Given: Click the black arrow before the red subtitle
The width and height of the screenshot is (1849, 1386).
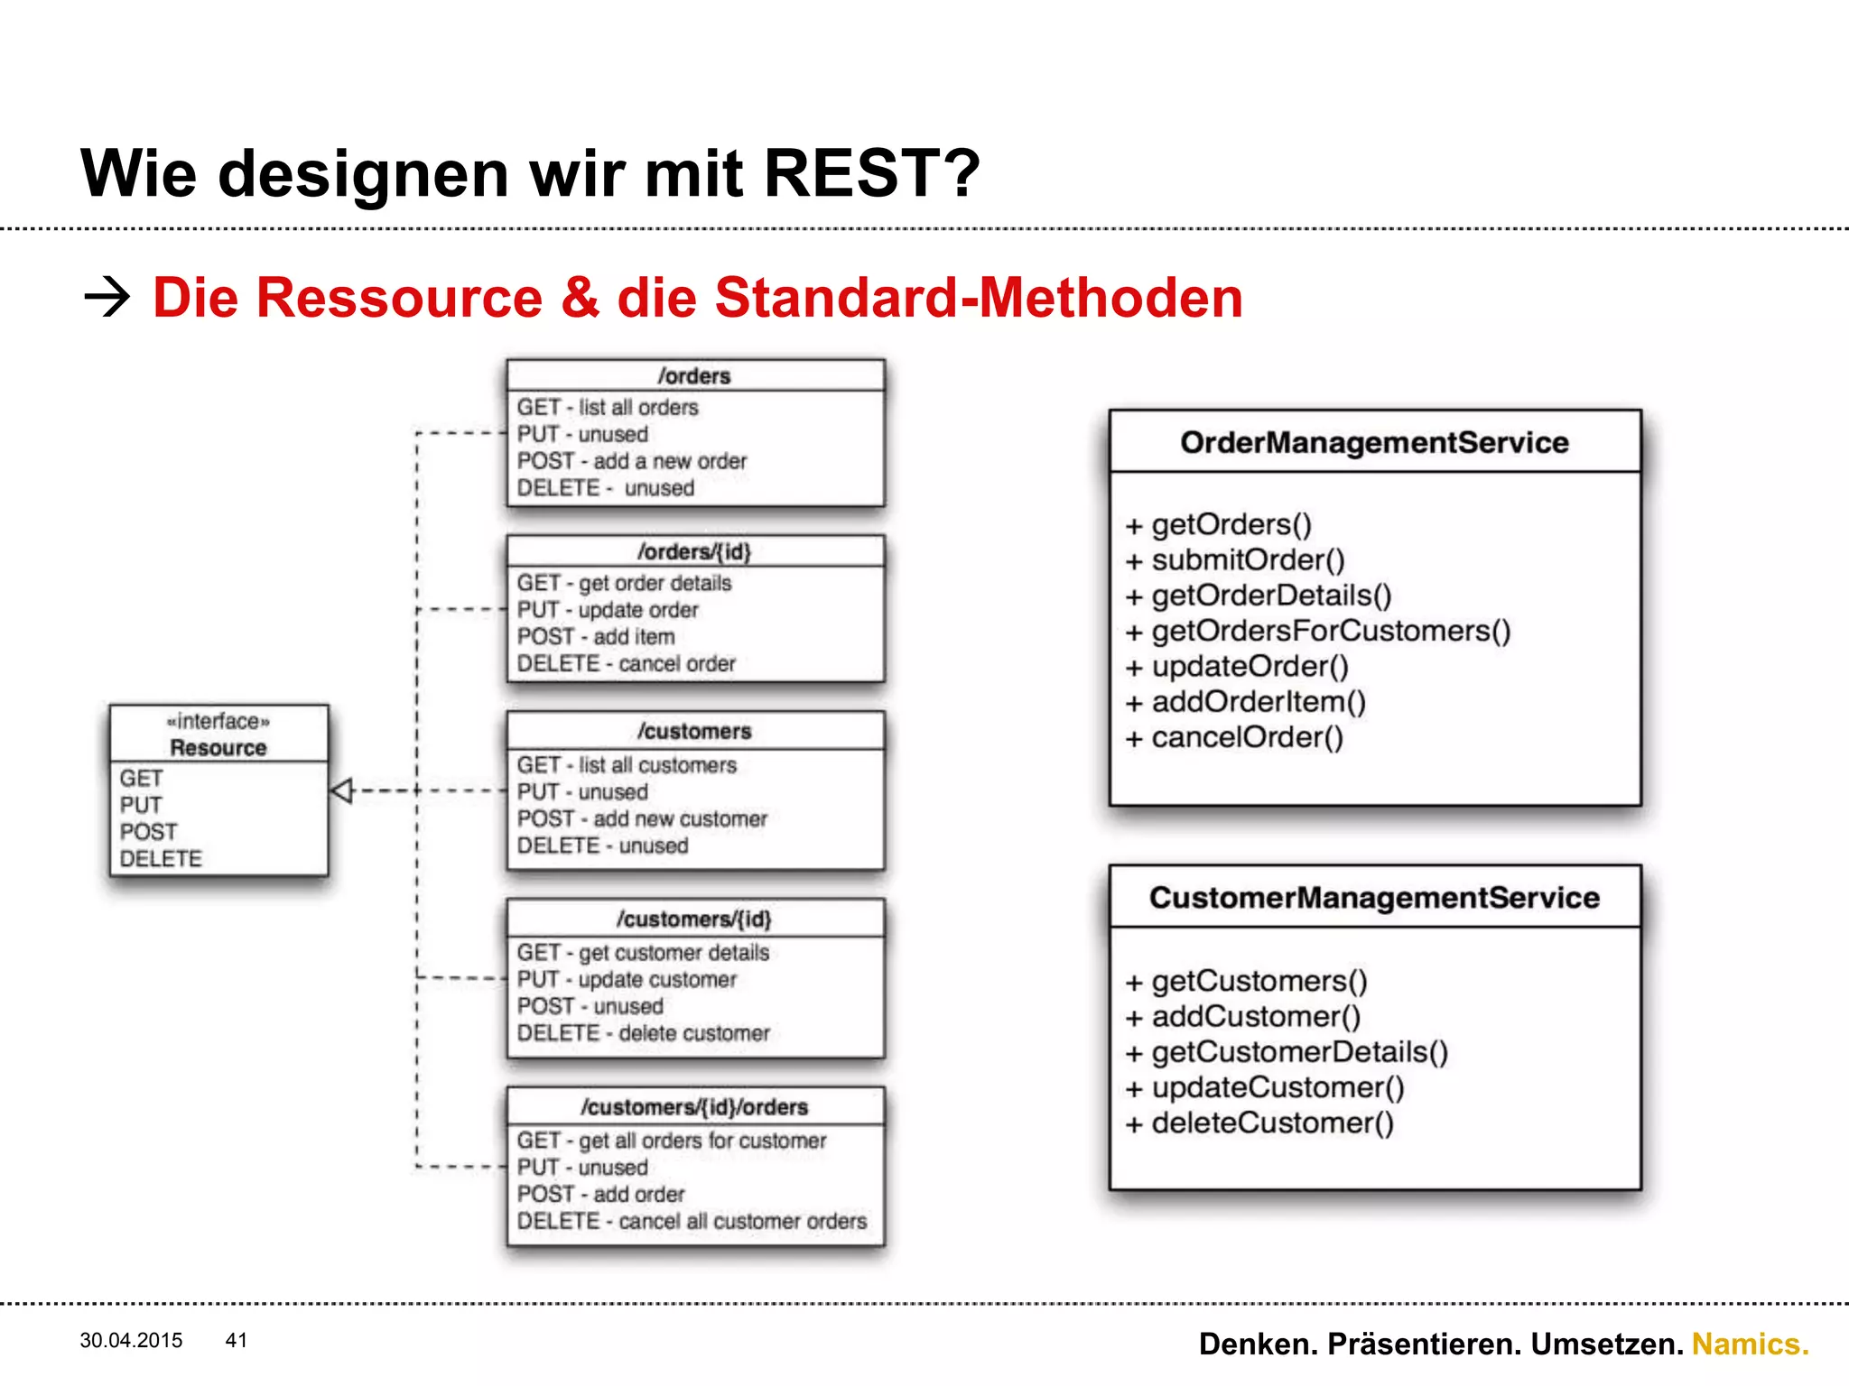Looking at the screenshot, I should pos(107,297).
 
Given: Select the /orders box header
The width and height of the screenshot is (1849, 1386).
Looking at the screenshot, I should pos(694,375).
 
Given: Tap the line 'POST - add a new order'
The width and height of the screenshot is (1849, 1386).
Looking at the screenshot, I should pos(632,461).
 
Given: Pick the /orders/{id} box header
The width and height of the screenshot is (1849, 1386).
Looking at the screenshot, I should pos(694,551).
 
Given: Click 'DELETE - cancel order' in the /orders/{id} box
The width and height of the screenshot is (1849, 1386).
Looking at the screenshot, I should pos(626,664).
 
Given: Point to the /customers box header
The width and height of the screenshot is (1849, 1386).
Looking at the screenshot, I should pos(694,731).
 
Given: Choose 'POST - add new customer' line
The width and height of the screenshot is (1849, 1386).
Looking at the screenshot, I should pos(642,819).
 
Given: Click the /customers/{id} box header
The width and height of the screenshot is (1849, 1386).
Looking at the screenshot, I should pos(694,919).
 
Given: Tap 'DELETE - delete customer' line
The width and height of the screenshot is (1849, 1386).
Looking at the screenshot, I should pos(643,1033).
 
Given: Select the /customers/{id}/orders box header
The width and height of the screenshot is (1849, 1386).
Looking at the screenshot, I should pos(694,1107).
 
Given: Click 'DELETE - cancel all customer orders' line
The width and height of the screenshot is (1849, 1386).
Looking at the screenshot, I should pos(692,1222).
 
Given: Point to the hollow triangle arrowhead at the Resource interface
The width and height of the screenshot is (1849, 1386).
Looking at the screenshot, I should pos(342,790).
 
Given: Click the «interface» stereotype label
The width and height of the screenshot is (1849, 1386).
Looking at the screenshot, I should pos(218,721).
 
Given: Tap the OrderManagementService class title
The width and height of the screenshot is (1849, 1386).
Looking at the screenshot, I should pos(1374,442).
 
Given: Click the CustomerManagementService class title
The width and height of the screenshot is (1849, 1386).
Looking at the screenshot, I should pos(1374,898).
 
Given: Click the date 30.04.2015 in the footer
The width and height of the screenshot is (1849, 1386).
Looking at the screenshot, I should pos(131,1340).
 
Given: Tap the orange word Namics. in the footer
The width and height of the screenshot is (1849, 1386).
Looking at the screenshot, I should pos(1750,1344).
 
